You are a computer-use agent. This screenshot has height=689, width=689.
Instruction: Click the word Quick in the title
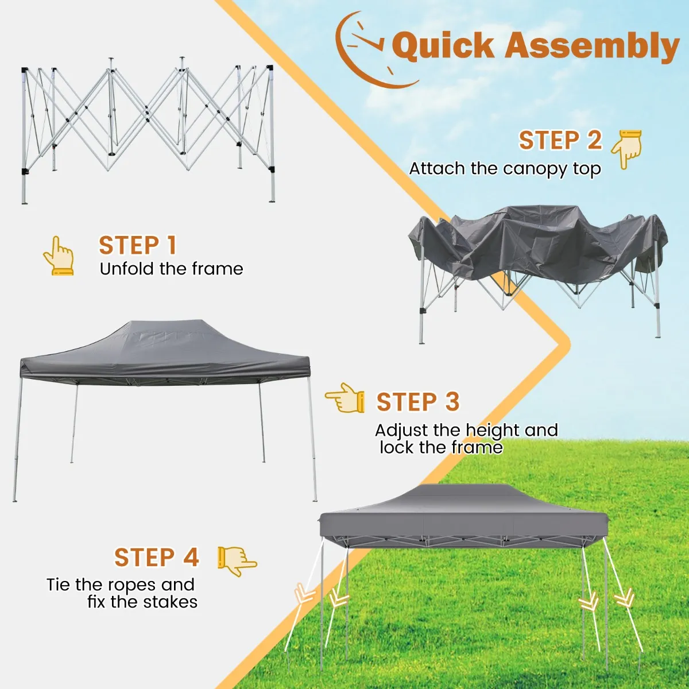tap(442, 46)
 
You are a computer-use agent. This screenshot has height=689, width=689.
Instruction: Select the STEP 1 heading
tap(138, 245)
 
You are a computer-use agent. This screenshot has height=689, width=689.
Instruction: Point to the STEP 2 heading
tap(560, 140)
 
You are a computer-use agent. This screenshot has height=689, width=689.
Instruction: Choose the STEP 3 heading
tap(417, 401)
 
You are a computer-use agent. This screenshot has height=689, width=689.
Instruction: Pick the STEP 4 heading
tap(156, 557)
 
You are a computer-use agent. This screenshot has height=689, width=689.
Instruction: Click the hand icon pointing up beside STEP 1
tap(59, 256)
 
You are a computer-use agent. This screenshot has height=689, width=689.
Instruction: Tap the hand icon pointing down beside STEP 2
tap(626, 149)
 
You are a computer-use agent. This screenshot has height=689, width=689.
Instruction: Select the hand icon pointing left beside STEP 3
tap(344, 397)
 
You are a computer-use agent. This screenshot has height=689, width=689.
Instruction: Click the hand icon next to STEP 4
tap(237, 562)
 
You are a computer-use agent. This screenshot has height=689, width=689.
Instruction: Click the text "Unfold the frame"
tap(171, 269)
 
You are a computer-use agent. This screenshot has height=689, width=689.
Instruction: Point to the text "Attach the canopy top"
tap(505, 169)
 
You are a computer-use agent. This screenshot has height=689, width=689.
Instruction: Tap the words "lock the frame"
tap(441, 447)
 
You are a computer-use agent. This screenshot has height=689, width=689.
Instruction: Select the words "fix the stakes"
tap(142, 602)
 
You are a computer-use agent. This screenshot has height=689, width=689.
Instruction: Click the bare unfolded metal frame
tap(148, 130)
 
